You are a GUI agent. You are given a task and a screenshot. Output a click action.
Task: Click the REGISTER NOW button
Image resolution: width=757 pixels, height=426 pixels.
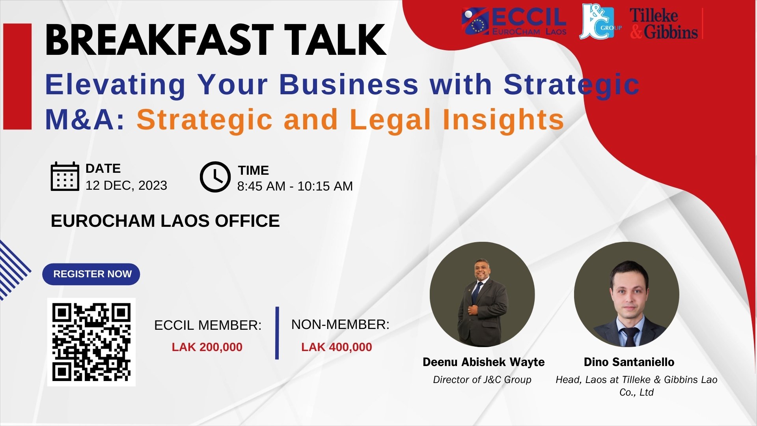[x=91, y=274]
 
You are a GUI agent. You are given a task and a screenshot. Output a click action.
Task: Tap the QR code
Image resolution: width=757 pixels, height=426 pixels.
[x=91, y=342]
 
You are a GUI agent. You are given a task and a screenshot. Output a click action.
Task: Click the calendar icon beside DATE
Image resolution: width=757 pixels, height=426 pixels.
[x=65, y=176]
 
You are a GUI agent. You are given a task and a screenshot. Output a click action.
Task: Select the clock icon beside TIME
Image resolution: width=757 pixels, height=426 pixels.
[x=215, y=177]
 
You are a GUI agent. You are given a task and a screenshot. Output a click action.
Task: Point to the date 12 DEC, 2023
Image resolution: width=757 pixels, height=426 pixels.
[x=126, y=185]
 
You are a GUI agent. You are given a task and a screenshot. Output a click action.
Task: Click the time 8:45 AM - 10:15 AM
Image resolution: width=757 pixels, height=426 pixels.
[x=295, y=186]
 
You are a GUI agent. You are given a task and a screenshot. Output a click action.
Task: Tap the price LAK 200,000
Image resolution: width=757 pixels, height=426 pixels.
[x=207, y=347]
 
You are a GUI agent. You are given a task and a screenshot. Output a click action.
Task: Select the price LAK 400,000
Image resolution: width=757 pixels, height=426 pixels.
[x=337, y=347]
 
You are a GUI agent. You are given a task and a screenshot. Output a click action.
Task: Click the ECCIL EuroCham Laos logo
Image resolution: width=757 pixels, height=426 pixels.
[x=514, y=22]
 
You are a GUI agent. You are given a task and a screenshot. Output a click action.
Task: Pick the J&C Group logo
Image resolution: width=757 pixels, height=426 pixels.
[x=600, y=22]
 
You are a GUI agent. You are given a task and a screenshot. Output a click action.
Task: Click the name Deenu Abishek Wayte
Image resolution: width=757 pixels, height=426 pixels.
[x=484, y=362]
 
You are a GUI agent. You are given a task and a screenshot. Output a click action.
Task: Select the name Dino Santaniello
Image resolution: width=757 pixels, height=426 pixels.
[x=629, y=362]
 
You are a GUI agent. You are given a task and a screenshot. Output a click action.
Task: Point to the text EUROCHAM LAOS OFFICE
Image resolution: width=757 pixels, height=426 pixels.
[x=165, y=221]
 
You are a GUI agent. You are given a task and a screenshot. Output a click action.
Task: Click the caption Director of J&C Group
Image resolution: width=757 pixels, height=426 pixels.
[x=482, y=379]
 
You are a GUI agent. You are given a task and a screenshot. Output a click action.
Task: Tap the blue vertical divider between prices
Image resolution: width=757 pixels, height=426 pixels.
[x=277, y=333]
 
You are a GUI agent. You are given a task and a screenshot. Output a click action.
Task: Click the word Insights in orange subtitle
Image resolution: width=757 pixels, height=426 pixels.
[x=503, y=120]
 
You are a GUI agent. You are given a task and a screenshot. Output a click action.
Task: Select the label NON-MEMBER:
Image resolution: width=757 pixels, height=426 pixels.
[x=340, y=325]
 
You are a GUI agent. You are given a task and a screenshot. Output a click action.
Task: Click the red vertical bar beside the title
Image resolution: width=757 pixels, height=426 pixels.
[x=17, y=77]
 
